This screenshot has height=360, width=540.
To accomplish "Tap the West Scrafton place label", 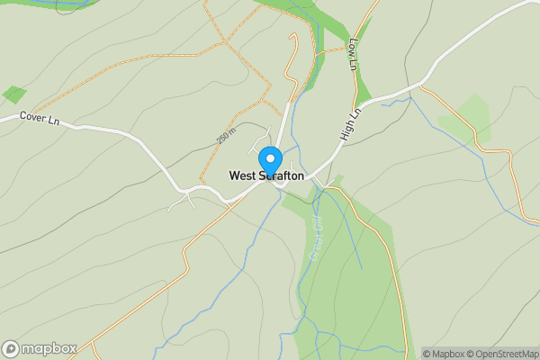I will (x=266, y=176).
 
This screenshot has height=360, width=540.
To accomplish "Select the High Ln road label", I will (x=349, y=125).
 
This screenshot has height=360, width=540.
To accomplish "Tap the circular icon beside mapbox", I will (x=12, y=348).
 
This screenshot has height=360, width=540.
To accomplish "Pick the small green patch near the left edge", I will (x=14, y=94).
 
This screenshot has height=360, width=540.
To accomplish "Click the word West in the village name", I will (x=242, y=176).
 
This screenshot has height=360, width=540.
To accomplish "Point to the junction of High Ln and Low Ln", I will (x=366, y=100).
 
